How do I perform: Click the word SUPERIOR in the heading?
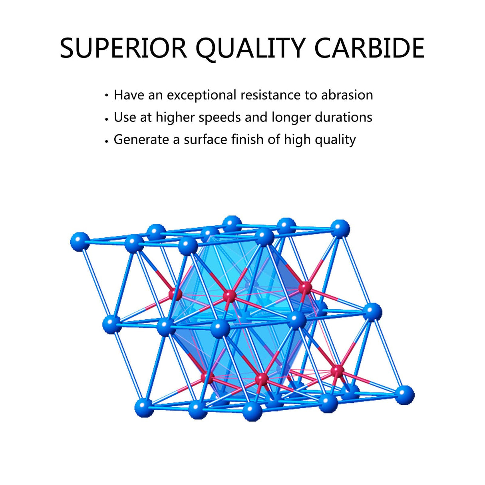123,48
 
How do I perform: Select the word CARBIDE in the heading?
369,48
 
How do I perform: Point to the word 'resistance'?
270,95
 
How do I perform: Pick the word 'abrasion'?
347,95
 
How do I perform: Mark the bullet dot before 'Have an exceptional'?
107,95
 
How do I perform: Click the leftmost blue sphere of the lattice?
80,242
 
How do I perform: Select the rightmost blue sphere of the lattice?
404,395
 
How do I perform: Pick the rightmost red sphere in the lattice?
337,370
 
